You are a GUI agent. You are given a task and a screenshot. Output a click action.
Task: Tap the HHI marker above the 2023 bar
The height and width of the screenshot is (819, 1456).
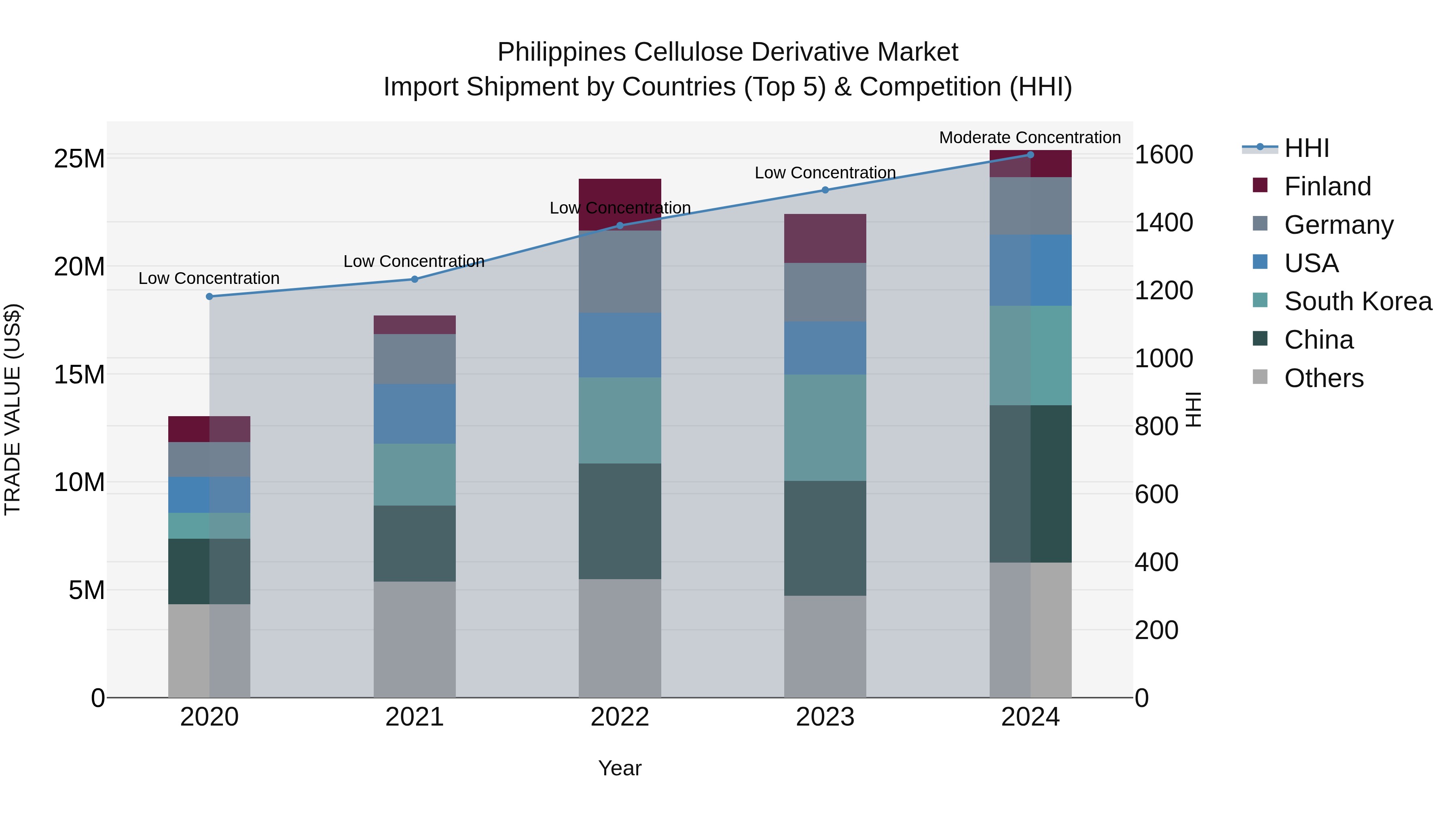coord(825,190)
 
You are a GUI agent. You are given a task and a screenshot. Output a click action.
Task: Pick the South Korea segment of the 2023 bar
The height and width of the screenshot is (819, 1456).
coord(825,427)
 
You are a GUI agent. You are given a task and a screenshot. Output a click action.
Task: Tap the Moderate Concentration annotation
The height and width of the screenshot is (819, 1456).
coord(1029,138)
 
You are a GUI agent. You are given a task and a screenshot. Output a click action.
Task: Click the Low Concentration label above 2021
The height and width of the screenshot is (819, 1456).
coord(414,261)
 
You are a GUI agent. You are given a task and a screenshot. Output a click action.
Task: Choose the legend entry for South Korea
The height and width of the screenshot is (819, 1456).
coord(1358,301)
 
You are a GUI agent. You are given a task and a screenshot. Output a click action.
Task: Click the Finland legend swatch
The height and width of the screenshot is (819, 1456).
coord(1260,185)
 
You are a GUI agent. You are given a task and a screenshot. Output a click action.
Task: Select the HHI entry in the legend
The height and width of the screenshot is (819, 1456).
coord(1306,148)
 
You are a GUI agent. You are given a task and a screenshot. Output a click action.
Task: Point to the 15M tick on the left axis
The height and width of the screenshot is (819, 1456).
coord(79,374)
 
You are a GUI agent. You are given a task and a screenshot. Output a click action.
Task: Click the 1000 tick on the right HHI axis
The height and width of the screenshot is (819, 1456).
coord(1163,358)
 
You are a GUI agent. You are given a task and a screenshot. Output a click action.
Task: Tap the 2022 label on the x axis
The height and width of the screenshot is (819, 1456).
coord(620,717)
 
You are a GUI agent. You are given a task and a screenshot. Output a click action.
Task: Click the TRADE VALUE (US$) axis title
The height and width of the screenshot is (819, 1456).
coord(13,409)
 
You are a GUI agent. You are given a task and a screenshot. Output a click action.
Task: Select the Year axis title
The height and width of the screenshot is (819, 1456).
coord(620,768)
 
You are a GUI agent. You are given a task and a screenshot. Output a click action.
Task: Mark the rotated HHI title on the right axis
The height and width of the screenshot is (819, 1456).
coord(1193,409)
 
